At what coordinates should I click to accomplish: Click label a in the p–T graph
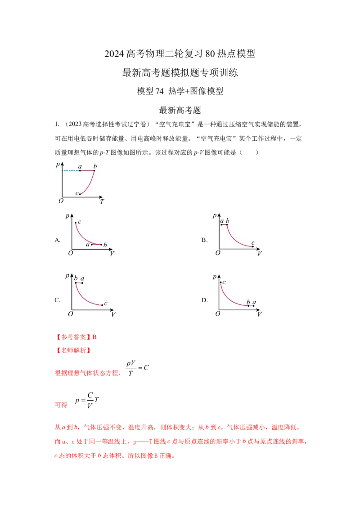point(80,167)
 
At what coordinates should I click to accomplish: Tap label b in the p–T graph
point(95,167)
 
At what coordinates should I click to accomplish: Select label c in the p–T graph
point(76,193)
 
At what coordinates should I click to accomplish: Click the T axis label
point(102,202)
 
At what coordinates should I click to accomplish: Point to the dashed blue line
point(71,171)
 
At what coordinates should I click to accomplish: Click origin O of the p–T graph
point(61,201)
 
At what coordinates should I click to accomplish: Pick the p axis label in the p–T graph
point(58,164)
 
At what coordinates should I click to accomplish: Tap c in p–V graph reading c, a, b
point(80,222)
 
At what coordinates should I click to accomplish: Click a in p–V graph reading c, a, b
point(88,245)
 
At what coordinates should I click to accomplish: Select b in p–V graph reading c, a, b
point(105,245)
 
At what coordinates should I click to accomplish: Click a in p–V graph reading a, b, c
point(222,221)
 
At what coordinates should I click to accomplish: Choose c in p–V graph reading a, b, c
point(253,243)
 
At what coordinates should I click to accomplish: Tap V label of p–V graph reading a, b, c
point(260,253)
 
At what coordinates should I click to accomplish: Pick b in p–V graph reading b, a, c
point(76,279)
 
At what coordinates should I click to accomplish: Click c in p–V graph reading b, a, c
point(105,304)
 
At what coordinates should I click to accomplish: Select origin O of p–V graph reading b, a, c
point(70,314)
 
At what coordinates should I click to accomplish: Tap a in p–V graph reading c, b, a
point(254,302)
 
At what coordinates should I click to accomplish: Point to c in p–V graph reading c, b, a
point(224,282)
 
